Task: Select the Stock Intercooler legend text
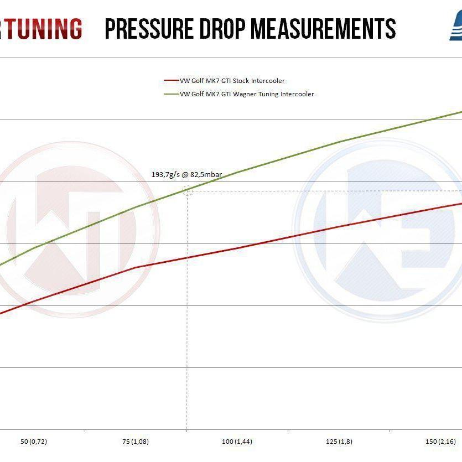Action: coord(232,81)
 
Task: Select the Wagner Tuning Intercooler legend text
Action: coord(247,94)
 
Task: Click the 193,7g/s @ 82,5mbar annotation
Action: coord(186,175)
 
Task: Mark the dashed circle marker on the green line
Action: coord(188,191)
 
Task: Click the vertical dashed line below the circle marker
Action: coord(188,310)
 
